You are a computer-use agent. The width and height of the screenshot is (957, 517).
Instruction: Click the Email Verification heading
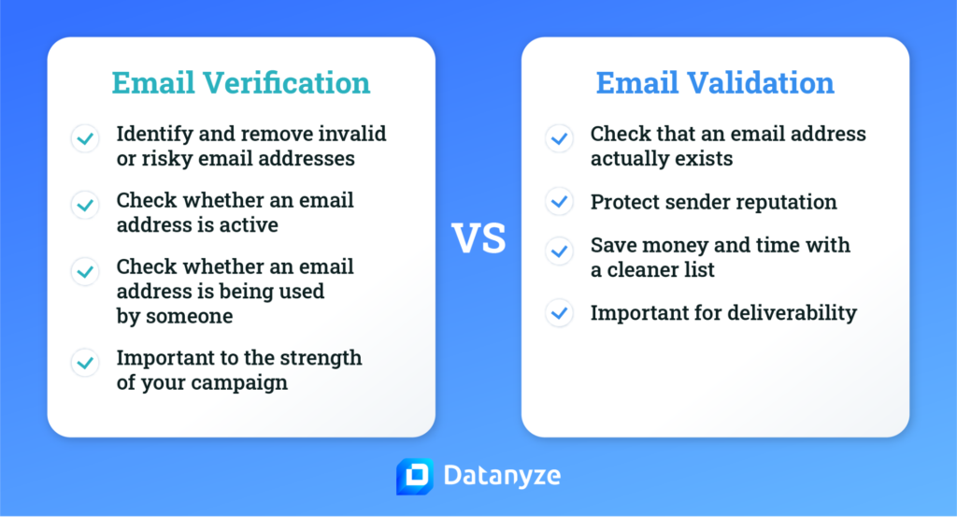(x=240, y=82)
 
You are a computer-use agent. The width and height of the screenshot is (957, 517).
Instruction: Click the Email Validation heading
(x=715, y=82)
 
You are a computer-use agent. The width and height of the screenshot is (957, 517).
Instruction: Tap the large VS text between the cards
(x=478, y=237)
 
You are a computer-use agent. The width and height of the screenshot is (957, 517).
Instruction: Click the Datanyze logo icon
(x=415, y=476)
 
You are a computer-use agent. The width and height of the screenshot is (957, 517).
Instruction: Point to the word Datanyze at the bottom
(x=502, y=476)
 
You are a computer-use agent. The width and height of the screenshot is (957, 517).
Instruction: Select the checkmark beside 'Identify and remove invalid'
(x=85, y=138)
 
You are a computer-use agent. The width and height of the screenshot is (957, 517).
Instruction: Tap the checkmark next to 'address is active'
(x=85, y=205)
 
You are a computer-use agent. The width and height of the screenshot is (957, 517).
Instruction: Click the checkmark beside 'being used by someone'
(x=85, y=272)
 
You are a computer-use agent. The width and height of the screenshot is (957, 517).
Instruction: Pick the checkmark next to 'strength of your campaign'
(x=85, y=363)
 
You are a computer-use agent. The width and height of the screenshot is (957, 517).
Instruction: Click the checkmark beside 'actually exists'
(x=559, y=138)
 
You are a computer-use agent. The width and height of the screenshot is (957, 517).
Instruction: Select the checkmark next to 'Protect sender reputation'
(x=559, y=201)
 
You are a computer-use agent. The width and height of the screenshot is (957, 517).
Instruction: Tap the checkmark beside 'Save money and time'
(x=559, y=251)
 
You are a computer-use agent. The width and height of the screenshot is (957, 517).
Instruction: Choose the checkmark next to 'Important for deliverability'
(x=559, y=313)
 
